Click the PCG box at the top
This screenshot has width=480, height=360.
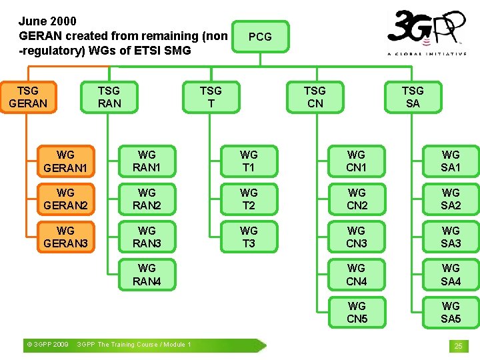(259, 37)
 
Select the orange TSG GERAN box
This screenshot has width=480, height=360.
(28, 97)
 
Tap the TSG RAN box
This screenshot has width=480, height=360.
(109, 97)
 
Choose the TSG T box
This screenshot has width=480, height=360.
(211, 97)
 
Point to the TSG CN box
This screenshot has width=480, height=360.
(315, 97)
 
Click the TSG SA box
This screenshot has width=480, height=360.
(413, 97)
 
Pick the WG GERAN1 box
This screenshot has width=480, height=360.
(65, 161)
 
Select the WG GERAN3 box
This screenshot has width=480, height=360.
(65, 237)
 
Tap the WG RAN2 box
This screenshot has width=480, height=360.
(147, 199)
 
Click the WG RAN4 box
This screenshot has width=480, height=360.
(147, 275)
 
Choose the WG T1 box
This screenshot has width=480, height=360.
(249, 161)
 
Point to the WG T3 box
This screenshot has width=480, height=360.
(249, 237)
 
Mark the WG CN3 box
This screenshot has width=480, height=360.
(357, 237)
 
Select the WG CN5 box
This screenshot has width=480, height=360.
(357, 312)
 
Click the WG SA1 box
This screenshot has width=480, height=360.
(451, 161)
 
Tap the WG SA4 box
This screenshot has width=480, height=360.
(451, 275)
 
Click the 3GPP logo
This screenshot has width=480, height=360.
(427, 32)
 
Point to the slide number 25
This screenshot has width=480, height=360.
(458, 346)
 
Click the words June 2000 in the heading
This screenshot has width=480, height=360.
(47, 21)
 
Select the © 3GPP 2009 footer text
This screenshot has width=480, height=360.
(47, 345)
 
